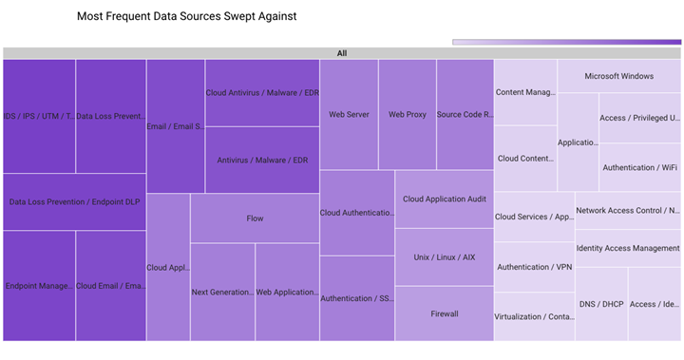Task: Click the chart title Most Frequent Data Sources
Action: [185, 17]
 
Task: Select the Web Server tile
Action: [349, 114]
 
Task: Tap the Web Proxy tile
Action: [408, 114]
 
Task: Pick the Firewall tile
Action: [445, 313]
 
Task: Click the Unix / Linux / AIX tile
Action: [445, 257]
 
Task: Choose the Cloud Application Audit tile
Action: [445, 199]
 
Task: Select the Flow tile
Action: [255, 218]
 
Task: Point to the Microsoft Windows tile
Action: [618, 76]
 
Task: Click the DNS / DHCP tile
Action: [600, 304]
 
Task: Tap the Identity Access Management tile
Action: [628, 248]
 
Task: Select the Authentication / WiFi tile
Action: [639, 167]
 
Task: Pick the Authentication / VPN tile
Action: [534, 267]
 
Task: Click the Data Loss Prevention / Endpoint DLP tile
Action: [75, 201]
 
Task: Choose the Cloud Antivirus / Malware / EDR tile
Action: [262, 93]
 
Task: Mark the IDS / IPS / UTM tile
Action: [39, 116]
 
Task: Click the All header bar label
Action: [341, 53]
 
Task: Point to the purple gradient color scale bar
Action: [566, 42]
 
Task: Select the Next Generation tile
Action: [222, 292]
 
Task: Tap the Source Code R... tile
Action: [465, 114]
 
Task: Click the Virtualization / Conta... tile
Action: [534, 316]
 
